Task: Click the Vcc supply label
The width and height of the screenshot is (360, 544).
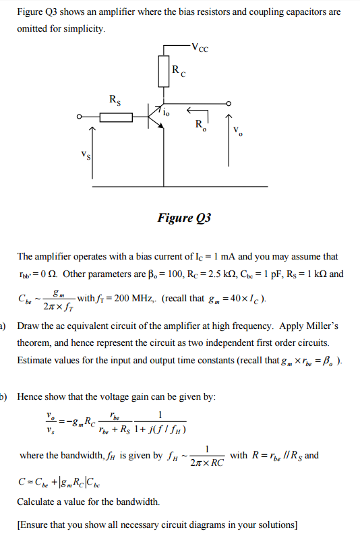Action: click(x=200, y=47)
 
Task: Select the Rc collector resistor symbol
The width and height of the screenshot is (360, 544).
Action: click(x=163, y=71)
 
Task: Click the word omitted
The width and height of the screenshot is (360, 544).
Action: click(x=33, y=29)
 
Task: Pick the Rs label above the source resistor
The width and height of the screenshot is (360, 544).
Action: click(x=116, y=99)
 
